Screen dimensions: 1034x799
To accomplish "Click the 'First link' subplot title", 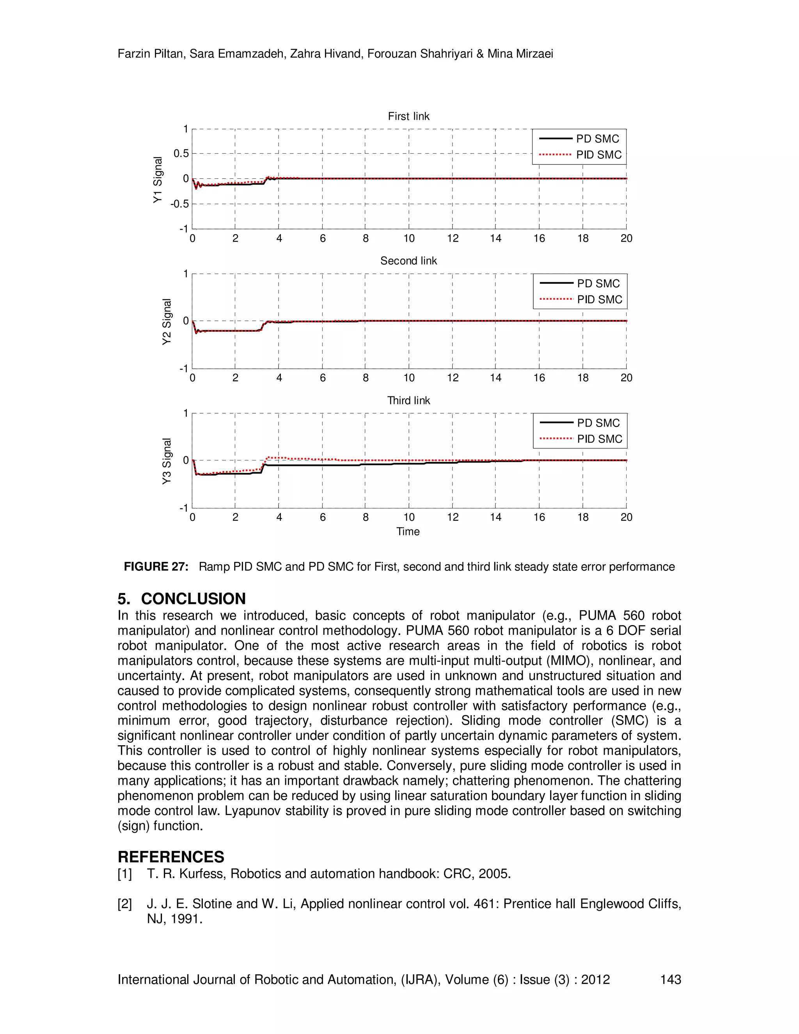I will click(x=408, y=116).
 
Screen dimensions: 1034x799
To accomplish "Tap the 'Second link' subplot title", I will click(x=408, y=261).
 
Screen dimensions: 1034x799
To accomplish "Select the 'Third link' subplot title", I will click(x=408, y=401).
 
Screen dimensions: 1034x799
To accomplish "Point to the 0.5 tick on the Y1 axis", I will click(x=181, y=153).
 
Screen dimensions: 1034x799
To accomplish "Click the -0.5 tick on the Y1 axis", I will click(x=179, y=204).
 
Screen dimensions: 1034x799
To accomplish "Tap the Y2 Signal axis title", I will click(x=167, y=322).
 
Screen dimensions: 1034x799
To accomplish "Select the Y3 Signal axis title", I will click(x=167, y=461).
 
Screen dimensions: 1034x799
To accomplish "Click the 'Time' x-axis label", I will click(x=408, y=532).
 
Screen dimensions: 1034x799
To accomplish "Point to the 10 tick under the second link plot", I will click(x=409, y=378).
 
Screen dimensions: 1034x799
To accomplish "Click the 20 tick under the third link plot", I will click(x=626, y=517).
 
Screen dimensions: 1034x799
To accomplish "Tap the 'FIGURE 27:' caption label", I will click(x=156, y=567).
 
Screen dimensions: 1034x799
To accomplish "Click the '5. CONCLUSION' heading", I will click(x=182, y=599).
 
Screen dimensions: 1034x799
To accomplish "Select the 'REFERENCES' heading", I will click(x=171, y=857).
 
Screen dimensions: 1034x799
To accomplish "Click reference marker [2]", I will click(x=125, y=904).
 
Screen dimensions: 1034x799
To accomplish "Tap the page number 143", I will click(x=670, y=979).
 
